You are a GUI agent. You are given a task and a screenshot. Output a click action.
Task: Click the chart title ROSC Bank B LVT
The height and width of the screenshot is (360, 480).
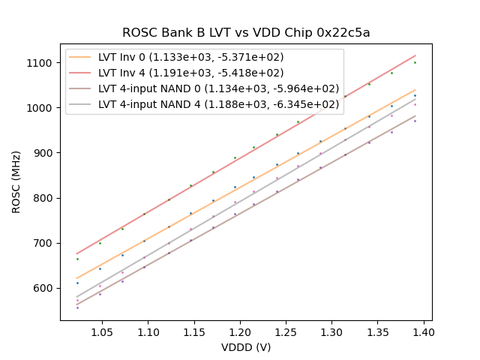click(246, 33)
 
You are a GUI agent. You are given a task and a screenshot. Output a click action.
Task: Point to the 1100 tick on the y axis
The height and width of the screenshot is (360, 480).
click(43, 63)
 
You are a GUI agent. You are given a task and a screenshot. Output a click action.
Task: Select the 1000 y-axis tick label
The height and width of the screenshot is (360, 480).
click(43, 108)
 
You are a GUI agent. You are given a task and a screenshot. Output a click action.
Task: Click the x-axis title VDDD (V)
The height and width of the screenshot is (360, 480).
click(246, 347)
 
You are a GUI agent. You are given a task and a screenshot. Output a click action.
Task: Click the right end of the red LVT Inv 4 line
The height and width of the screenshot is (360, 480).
click(415, 55)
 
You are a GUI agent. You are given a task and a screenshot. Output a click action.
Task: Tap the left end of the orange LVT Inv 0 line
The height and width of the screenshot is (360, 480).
click(76, 278)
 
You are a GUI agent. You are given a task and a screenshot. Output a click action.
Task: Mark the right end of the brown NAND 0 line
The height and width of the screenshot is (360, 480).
click(415, 115)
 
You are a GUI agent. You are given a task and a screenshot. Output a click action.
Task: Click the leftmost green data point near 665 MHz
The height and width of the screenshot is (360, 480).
click(76, 259)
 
